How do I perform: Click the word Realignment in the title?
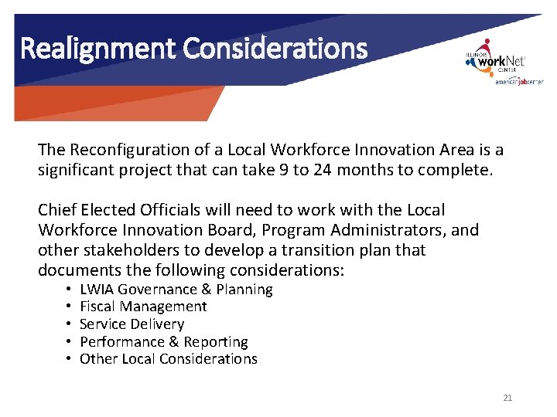pyautogui.click(x=98, y=49)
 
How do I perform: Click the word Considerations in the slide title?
pyautogui.click(x=275, y=49)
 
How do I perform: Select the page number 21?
pyautogui.click(x=507, y=398)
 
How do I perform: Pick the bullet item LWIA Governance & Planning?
pyautogui.click(x=176, y=290)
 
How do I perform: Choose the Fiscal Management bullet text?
pyautogui.click(x=143, y=307)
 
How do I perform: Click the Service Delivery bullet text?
pyautogui.click(x=132, y=324)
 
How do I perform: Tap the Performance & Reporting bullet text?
pyautogui.click(x=164, y=341)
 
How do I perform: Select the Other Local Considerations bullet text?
pyautogui.click(x=169, y=358)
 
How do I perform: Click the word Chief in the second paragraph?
pyautogui.click(x=56, y=210)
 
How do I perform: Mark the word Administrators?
pyautogui.click(x=391, y=230)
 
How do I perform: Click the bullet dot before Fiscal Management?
pyautogui.click(x=69, y=307)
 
